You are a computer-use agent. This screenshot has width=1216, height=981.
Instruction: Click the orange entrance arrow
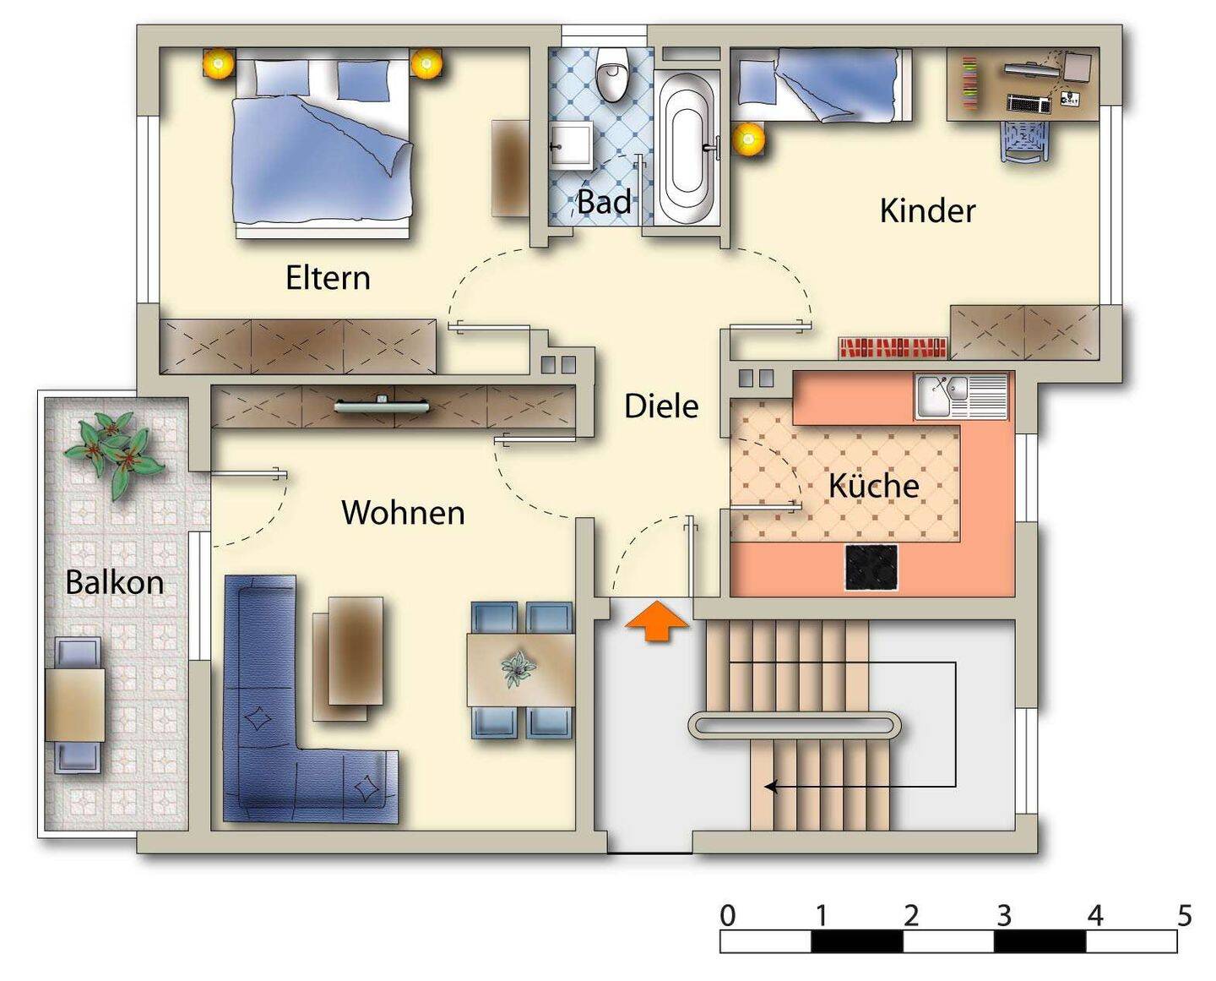pos(657,623)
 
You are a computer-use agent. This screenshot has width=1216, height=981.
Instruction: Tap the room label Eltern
pos(328,278)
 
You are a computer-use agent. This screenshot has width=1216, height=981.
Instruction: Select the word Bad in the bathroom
pos(604,202)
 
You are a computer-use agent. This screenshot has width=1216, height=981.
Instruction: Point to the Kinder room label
pos(927,210)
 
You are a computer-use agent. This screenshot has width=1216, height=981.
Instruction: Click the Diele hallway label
pos(661,406)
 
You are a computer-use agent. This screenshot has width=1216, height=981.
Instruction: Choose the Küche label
pos(873,486)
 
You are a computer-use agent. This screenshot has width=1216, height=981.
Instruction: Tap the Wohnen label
pos(403,513)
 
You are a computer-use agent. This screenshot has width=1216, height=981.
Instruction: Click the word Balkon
pos(115,583)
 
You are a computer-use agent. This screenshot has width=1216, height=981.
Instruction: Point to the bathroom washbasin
pos(570,147)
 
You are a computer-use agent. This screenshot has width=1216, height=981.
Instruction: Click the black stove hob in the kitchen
pos(871,568)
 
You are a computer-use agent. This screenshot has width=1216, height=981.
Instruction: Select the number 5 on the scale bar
pos(1184,916)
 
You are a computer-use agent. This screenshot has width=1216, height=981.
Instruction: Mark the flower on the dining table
pos(517,669)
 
